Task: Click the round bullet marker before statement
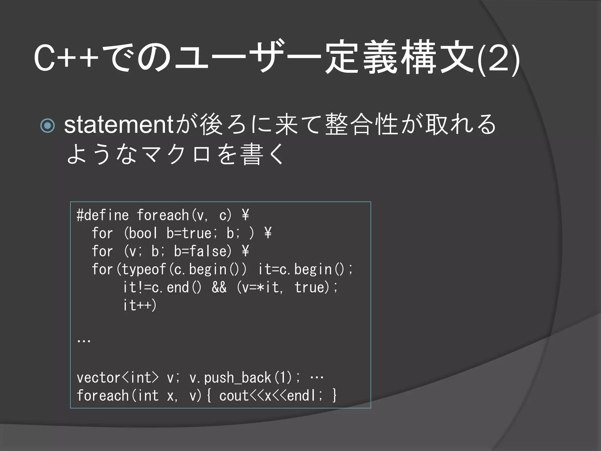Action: coord(47,125)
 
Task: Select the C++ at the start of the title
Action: coord(66,59)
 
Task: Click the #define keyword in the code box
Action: coord(102,215)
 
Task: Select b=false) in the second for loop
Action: coord(203,251)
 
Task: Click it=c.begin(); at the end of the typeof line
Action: coord(305,270)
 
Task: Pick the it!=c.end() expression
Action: coord(162,287)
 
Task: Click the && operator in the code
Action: coord(219,287)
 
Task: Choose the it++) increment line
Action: coord(140,305)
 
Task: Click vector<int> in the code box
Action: coord(117,378)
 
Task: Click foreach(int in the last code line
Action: coord(117,396)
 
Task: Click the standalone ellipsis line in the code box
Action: coord(84,341)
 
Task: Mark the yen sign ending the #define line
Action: coord(245,215)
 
